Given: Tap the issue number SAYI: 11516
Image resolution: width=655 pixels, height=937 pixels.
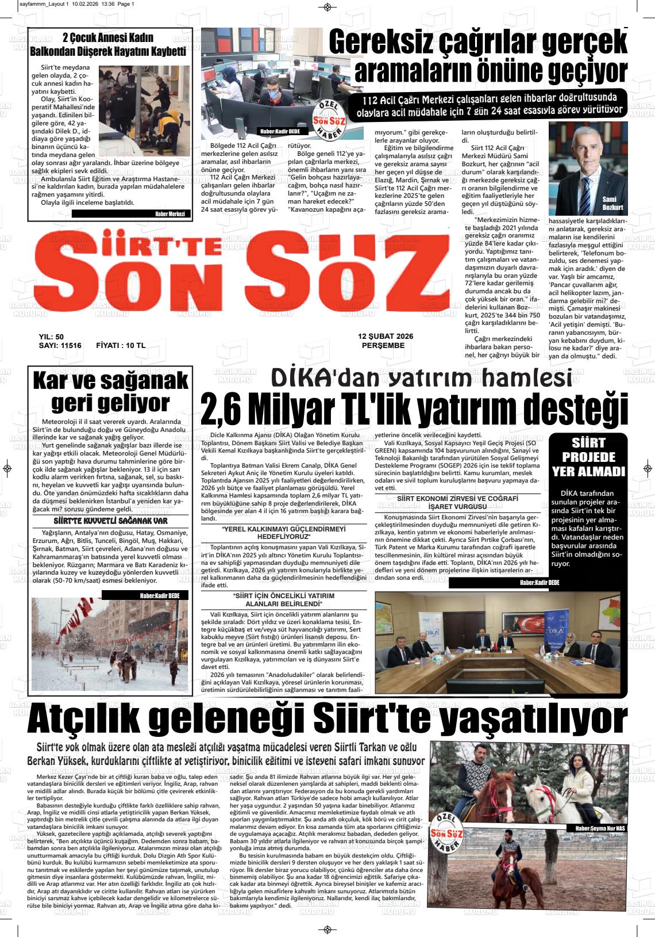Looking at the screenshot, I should (x=60, y=346).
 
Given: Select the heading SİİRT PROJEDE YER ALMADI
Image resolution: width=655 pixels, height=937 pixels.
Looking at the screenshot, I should (x=588, y=457).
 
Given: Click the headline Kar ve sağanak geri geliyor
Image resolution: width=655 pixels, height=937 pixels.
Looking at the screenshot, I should (x=110, y=392).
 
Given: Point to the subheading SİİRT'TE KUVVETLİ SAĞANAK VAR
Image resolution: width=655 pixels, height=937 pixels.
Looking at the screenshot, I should (x=110, y=521).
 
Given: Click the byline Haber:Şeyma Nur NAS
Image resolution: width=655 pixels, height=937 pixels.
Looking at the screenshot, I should (x=597, y=828).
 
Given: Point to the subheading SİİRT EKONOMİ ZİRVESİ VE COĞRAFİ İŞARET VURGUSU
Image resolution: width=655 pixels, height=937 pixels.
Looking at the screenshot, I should (x=457, y=502).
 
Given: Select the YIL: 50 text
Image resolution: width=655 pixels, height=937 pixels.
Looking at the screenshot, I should (x=51, y=337).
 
